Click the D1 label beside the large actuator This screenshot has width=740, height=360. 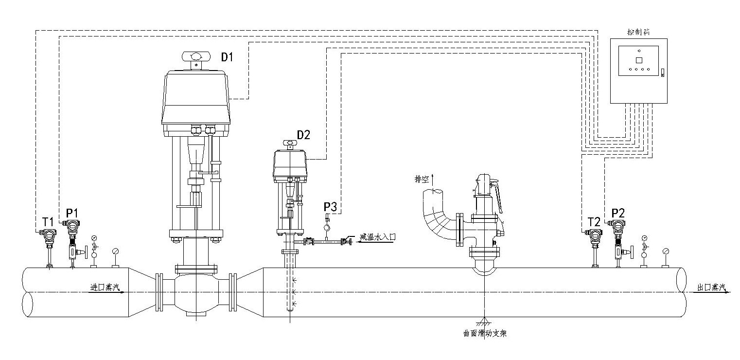click(x=228, y=57)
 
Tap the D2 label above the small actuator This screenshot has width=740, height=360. click(x=303, y=135)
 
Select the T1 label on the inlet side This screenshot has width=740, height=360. click(x=48, y=222)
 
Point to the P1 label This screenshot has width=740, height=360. click(x=72, y=213)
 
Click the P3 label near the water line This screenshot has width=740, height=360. click(x=330, y=206)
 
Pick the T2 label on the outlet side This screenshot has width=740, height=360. click(x=594, y=222)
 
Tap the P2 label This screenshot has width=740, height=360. click(x=618, y=213)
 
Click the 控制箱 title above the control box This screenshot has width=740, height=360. click(x=639, y=32)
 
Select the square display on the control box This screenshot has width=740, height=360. click(x=639, y=60)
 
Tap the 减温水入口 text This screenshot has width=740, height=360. click(x=378, y=237)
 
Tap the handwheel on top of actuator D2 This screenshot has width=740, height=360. click(x=290, y=143)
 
